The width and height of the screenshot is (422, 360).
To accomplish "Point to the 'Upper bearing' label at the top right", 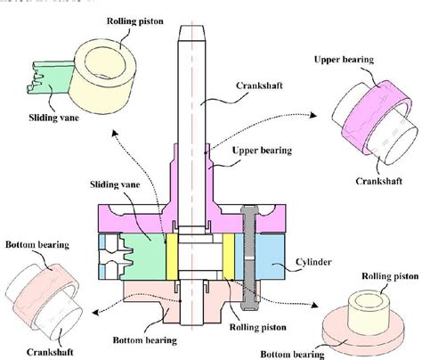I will click(345, 58).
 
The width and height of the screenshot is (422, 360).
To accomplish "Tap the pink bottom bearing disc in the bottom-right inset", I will click(365, 331).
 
